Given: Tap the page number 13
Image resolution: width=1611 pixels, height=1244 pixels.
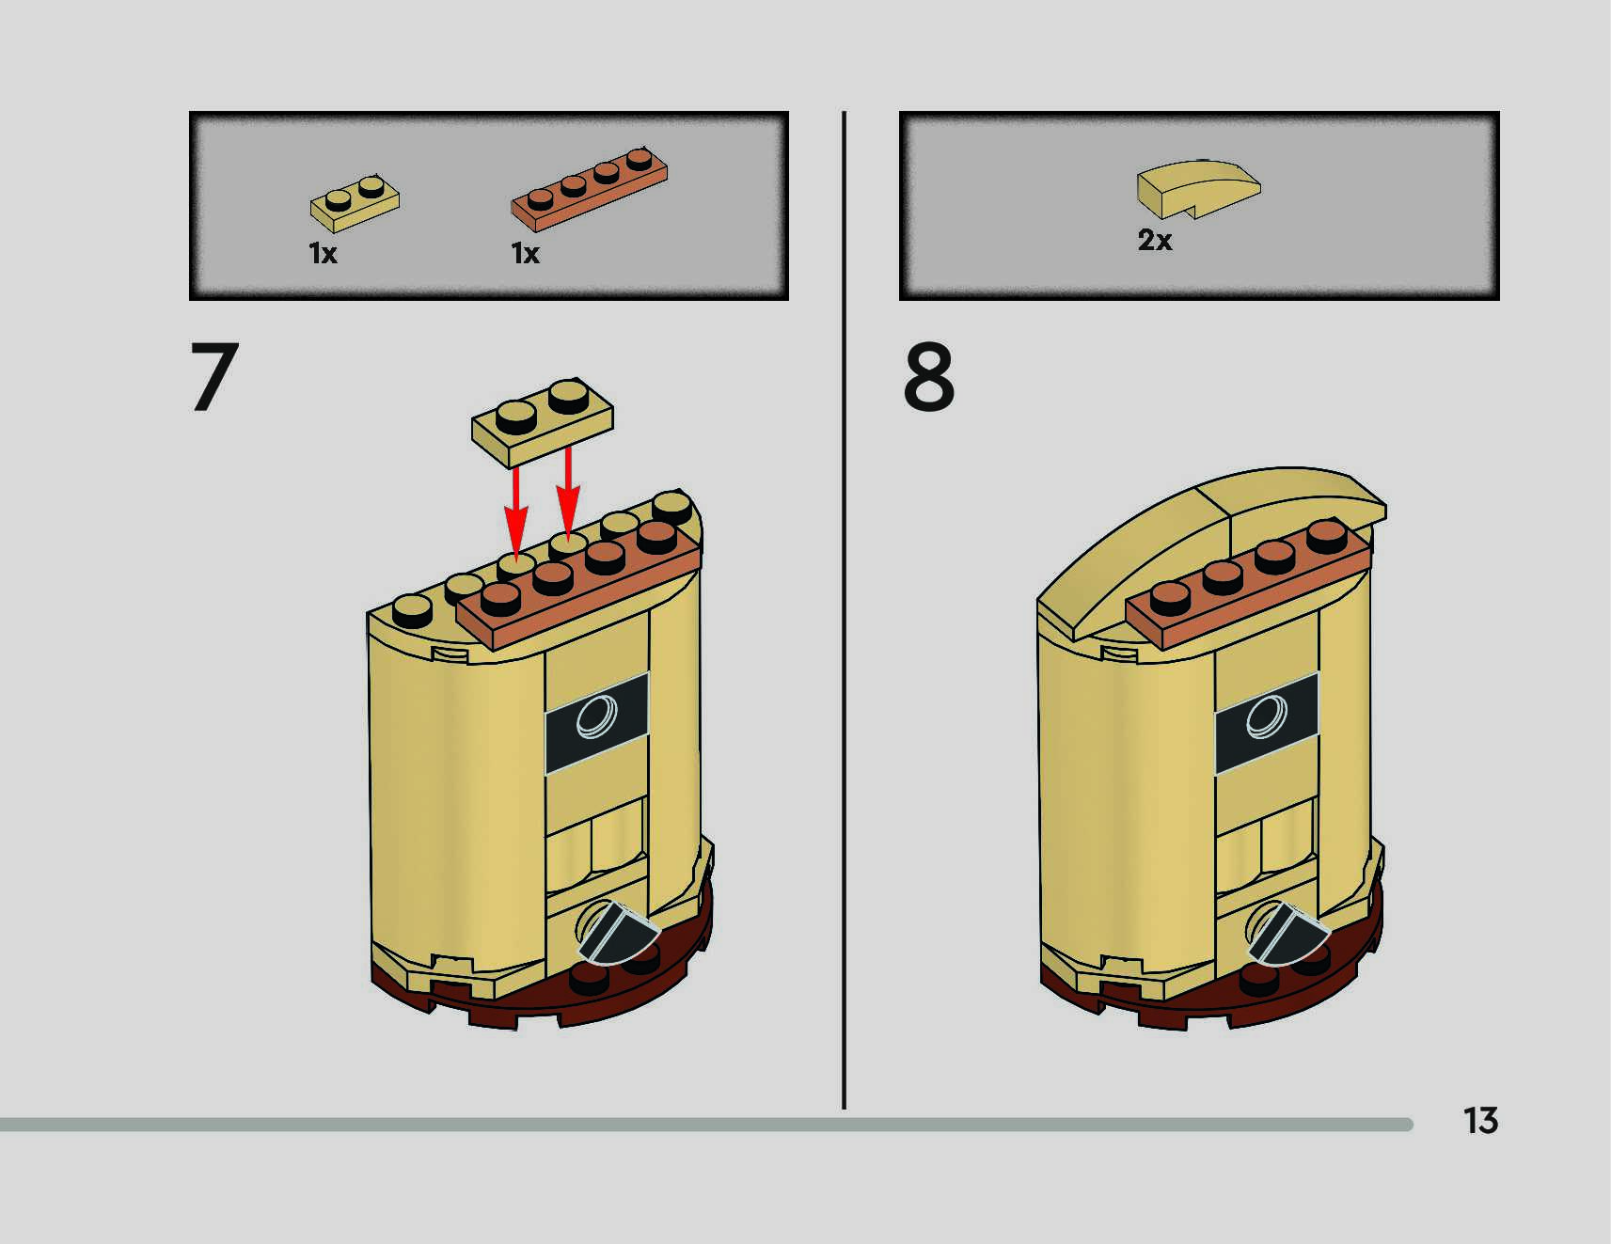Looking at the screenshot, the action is [1480, 1120].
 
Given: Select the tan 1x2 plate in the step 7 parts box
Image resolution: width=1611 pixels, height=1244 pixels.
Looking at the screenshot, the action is [355, 201].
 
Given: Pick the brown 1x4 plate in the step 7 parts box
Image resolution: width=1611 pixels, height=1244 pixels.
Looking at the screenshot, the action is [590, 189].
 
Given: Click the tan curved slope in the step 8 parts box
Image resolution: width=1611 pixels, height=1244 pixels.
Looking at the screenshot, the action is [1197, 186].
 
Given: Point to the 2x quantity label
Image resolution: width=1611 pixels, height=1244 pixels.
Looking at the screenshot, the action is [1155, 241].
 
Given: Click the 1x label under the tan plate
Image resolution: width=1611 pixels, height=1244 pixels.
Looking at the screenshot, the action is [323, 254].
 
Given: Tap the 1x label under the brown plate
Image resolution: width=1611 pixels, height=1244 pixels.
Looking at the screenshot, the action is [525, 254].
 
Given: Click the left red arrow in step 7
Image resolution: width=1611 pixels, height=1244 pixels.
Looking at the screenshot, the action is [515, 512].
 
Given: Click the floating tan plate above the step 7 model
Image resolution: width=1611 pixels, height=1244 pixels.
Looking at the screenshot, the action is [543, 422].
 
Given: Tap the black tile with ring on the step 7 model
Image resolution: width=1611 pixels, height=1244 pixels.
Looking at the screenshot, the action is [597, 719].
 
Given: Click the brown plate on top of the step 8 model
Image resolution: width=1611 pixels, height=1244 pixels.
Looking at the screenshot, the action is [1248, 588].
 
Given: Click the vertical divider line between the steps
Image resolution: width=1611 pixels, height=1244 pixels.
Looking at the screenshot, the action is [844, 611].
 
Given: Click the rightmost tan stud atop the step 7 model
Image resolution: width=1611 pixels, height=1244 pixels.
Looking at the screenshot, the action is [671, 506].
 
